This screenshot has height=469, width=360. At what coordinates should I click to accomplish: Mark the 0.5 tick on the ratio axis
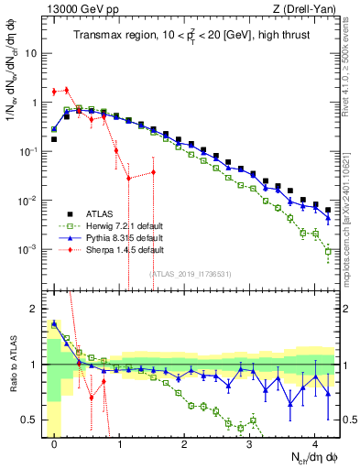tap(35, 420)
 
